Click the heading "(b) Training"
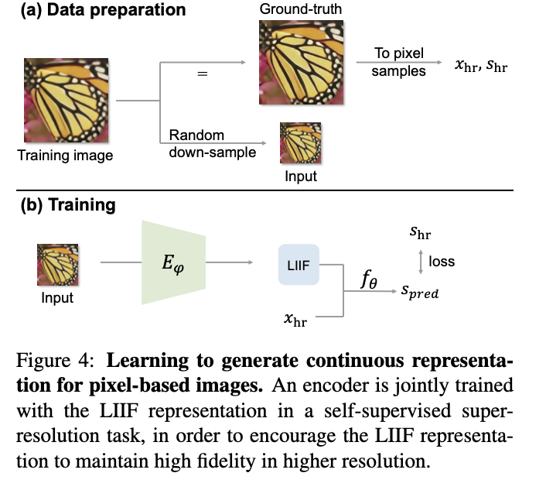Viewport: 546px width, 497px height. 69,205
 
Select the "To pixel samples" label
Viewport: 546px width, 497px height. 400,63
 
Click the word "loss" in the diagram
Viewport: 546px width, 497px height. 442,262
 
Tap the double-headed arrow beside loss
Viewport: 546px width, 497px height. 420,262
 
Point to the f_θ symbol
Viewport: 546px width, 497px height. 368,279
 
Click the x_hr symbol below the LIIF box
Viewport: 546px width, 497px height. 295,318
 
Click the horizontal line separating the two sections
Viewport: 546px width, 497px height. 270,190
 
